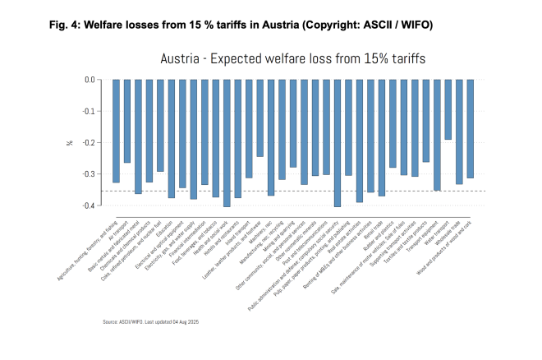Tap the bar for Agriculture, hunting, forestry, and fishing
pos(116,131)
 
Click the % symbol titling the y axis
pos(70,142)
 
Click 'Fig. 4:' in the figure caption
pos(66,25)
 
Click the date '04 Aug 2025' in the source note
pos(186,321)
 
